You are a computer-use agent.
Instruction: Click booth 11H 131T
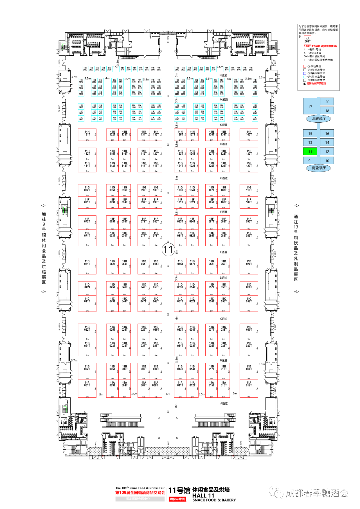[87, 134]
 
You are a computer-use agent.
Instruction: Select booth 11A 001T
[87, 385]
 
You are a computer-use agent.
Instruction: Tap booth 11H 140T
[249, 134]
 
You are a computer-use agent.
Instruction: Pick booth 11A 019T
[249, 385]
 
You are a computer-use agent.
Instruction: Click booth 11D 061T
[87, 264]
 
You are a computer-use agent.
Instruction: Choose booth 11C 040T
[249, 329]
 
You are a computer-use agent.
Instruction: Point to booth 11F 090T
[249, 221]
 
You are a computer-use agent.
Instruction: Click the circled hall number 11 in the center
[168, 249]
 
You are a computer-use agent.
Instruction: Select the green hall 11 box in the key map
[310, 152]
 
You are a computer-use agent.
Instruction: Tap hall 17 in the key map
[310, 107]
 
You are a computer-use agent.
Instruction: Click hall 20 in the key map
[327, 102]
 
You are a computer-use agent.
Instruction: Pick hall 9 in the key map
[310, 161]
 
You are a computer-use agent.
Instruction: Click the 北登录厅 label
[319, 119]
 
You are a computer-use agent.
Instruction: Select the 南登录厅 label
[319, 168]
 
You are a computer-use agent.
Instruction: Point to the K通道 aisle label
[224, 125]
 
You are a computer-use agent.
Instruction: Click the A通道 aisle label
[224, 403]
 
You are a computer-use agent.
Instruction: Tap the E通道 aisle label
[224, 252]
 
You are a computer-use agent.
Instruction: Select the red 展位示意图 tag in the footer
[177, 499]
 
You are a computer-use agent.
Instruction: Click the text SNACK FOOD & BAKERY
[214, 500]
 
